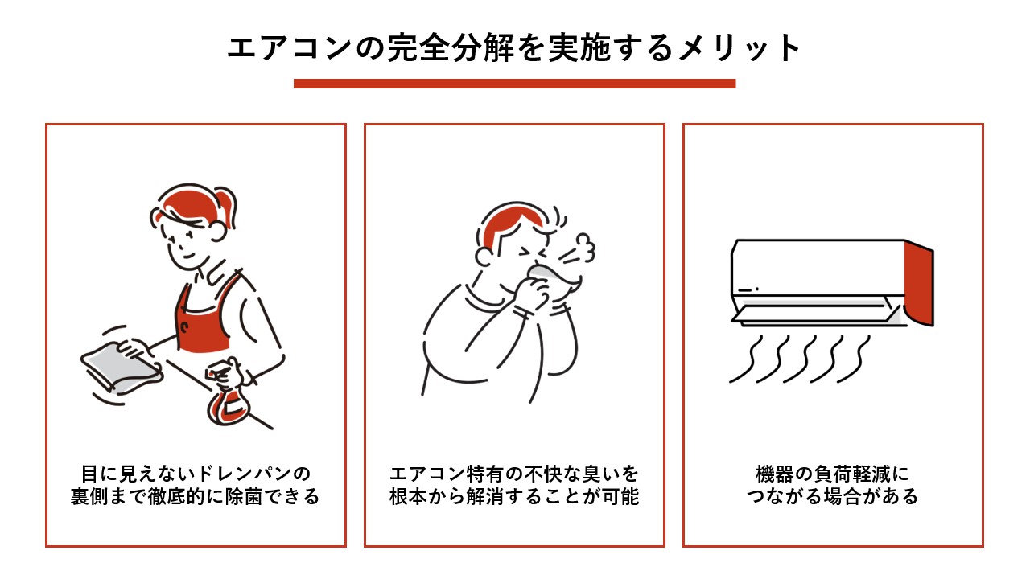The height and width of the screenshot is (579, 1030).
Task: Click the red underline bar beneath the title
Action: [514, 83]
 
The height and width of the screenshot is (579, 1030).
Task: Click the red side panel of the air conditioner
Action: [918, 281]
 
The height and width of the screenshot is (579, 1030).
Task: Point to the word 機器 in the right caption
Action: [775, 472]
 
